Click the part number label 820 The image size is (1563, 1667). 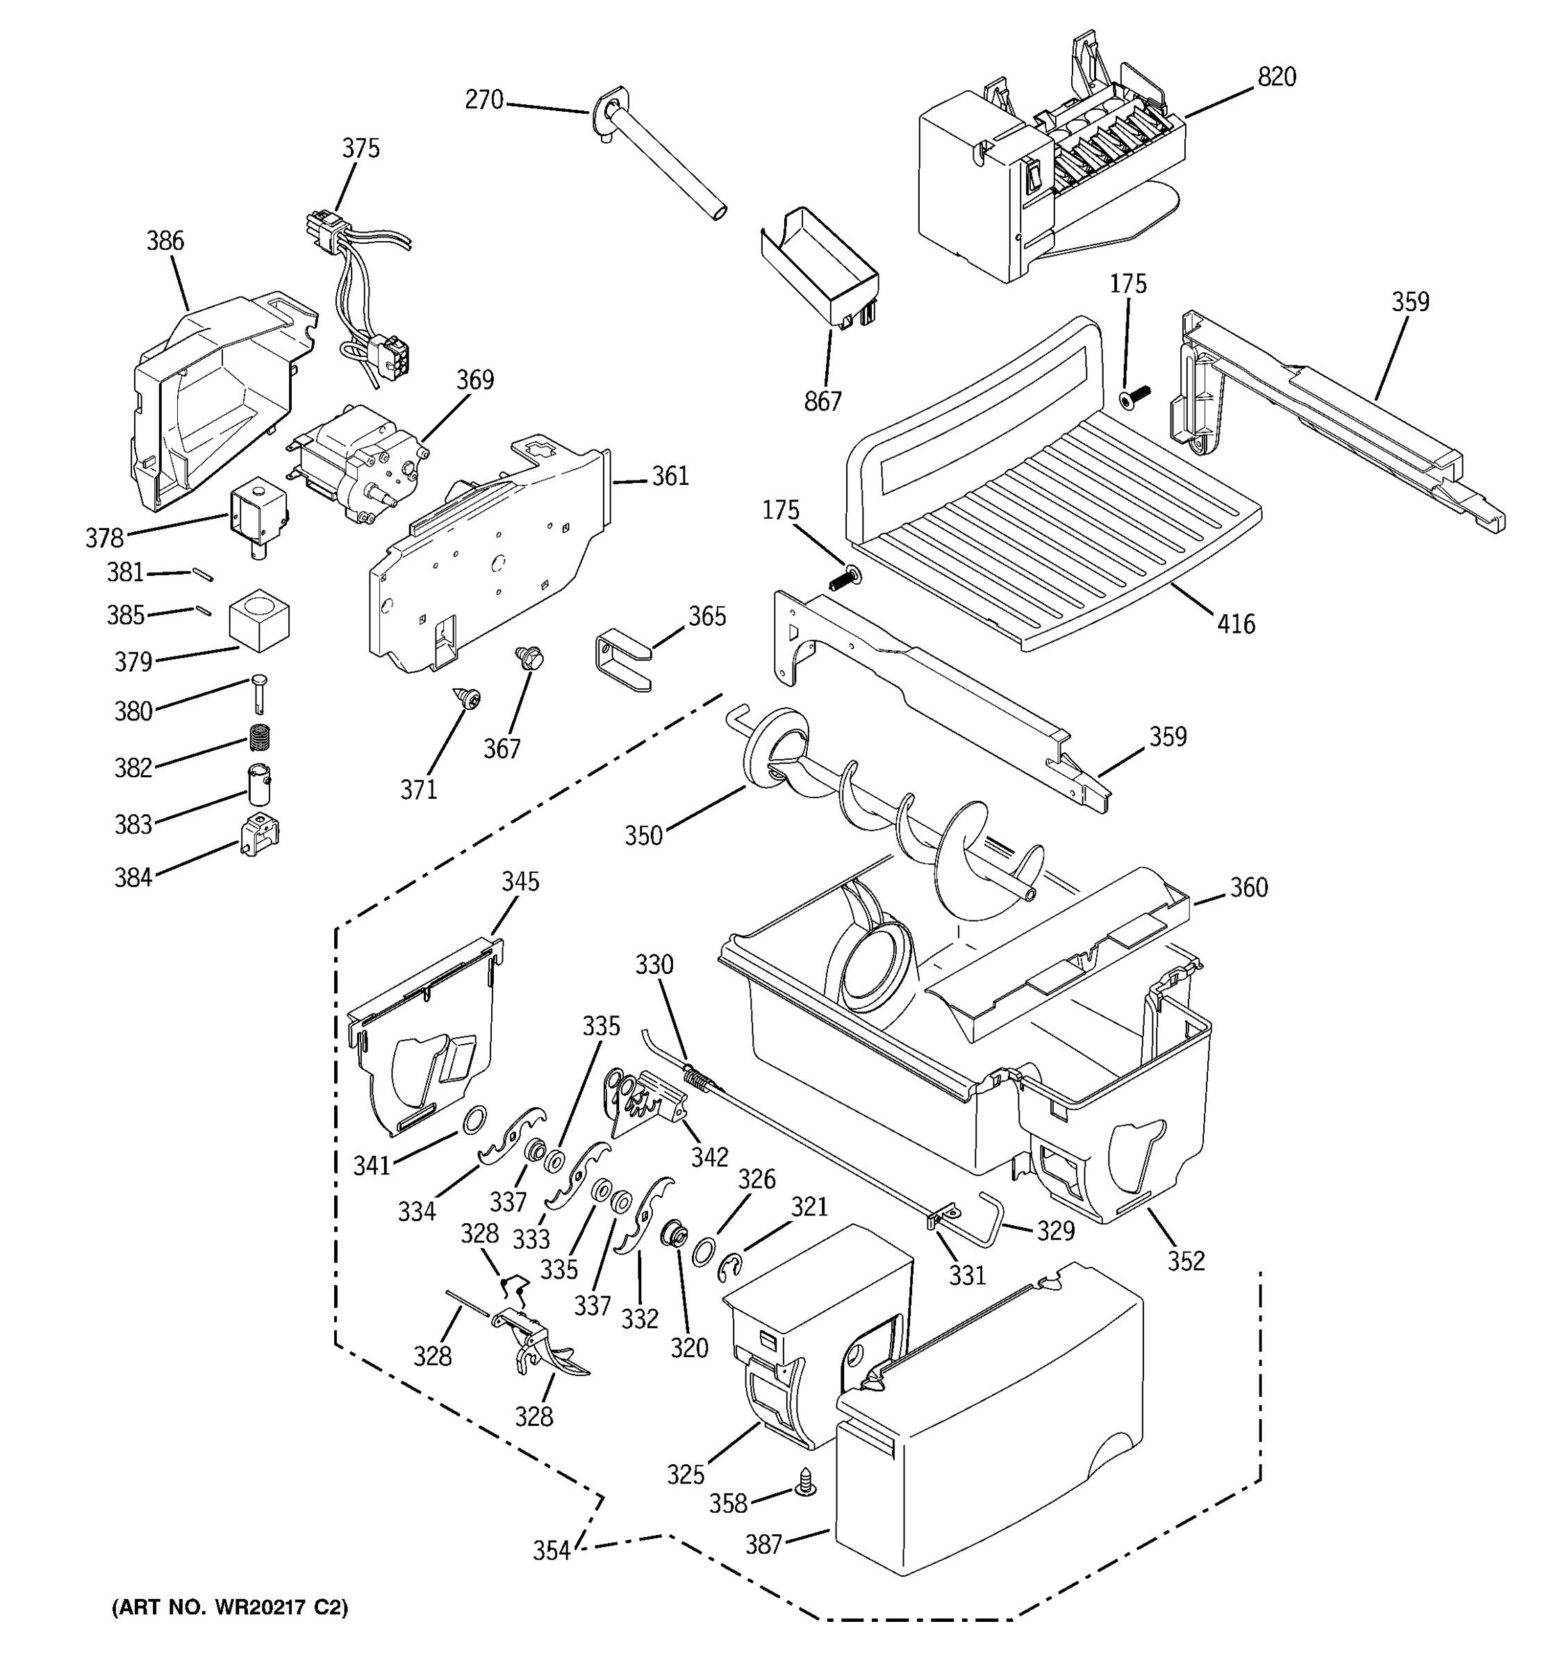click(x=1276, y=77)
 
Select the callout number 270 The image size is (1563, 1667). click(x=483, y=101)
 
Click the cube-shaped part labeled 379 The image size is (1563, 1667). click(x=259, y=620)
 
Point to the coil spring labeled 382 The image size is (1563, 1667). click(x=262, y=737)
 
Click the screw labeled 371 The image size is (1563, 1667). click(x=466, y=696)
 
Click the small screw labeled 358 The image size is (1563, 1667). click(x=806, y=1482)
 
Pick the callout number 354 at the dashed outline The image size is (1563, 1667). click(x=551, y=1550)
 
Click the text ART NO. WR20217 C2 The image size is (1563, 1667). click(x=230, y=1607)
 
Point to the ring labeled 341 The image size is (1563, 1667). click(x=474, y=1118)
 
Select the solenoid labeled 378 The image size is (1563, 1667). click(x=256, y=513)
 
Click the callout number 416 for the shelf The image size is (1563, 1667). click(x=1236, y=624)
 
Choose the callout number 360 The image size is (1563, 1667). click(x=1248, y=887)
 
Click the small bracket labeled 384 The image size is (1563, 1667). click(x=259, y=834)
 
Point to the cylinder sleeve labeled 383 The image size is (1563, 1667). click(x=259, y=785)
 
